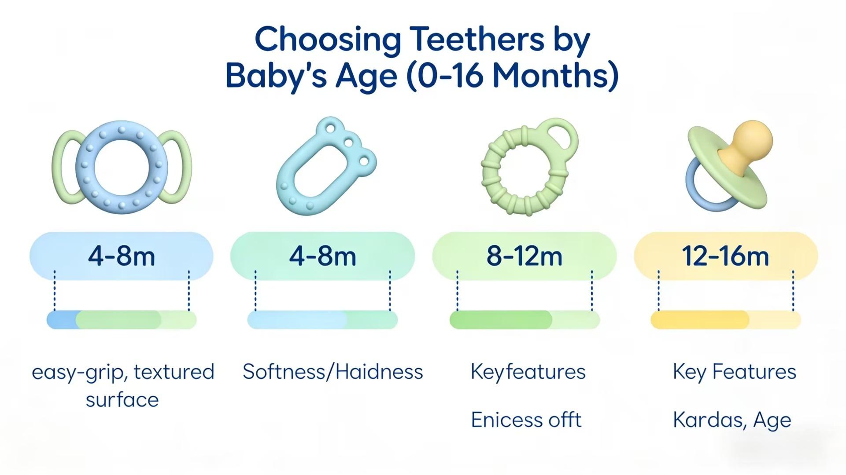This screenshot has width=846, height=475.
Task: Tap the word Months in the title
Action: pyautogui.click(x=555, y=76)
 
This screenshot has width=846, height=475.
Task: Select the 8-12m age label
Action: pyautogui.click(x=524, y=256)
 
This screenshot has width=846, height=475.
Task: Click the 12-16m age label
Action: pyautogui.click(x=725, y=256)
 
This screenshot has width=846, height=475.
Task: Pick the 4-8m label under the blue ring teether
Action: pyautogui.click(x=122, y=256)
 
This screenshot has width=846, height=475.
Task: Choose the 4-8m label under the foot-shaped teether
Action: pyautogui.click(x=322, y=256)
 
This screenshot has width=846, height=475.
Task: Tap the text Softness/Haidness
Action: pyautogui.click(x=332, y=372)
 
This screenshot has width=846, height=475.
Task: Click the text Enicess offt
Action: pyautogui.click(x=526, y=420)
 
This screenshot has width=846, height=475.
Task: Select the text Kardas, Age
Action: pyautogui.click(x=731, y=420)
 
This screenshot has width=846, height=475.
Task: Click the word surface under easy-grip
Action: pyautogui.click(x=122, y=400)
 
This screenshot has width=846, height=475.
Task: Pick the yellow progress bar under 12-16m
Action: pyautogui.click(x=700, y=320)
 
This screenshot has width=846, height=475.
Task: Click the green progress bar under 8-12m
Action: pyautogui.click(x=501, y=320)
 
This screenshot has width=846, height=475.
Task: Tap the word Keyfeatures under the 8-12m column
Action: pyautogui.click(x=528, y=372)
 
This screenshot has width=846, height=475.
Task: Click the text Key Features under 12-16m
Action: pyautogui.click(x=734, y=372)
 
